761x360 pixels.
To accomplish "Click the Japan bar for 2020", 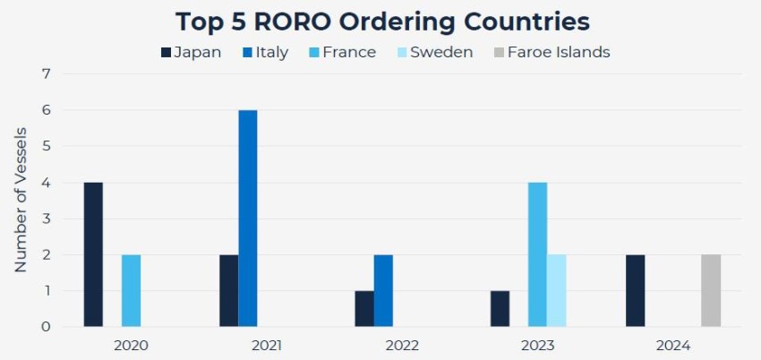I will coord(93,254).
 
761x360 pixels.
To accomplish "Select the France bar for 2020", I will coord(131,290).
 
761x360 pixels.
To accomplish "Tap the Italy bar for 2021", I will coord(248,219).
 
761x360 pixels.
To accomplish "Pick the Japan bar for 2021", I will coord(228,290).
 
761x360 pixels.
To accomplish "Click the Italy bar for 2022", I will coord(383,290).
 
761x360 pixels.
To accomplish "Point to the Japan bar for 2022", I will coord(364,309).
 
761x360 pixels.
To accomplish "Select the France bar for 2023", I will coord(537,254).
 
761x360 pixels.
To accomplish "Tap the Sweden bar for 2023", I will coord(556,290).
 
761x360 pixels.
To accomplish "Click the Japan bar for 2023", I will coord(500,309).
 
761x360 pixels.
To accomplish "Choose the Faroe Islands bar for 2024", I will coord(711,290).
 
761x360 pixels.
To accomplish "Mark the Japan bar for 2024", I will coord(635,290).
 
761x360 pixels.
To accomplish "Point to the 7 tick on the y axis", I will coord(47,73).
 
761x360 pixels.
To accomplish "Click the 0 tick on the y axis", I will coord(47,327).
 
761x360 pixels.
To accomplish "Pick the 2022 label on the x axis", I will coord(402,345).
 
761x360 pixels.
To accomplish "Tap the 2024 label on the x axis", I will coord(673,345).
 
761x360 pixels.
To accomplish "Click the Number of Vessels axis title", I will coord(21,200).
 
